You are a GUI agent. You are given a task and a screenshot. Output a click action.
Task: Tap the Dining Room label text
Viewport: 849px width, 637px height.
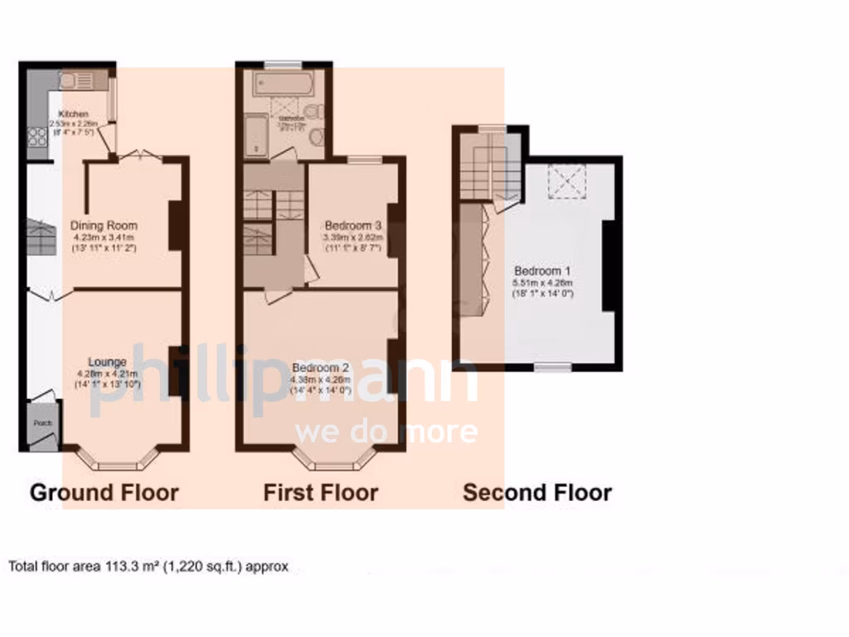coord(104,226)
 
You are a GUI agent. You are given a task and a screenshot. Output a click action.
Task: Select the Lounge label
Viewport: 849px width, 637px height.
coord(108,362)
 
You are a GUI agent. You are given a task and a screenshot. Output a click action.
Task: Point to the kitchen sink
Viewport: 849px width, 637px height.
coord(71,80)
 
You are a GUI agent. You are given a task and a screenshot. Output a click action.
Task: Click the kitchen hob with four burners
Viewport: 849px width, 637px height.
coord(38,138)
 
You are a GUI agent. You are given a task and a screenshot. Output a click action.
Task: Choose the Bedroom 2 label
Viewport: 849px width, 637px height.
coord(319,368)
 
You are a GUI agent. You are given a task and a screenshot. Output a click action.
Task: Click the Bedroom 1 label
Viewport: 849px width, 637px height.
coord(542,271)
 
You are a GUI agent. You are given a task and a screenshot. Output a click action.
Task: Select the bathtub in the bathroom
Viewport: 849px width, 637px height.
coord(284,85)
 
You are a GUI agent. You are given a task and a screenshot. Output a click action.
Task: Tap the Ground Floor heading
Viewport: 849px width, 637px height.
coord(104,493)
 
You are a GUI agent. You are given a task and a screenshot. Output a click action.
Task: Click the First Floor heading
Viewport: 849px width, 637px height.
coord(321,493)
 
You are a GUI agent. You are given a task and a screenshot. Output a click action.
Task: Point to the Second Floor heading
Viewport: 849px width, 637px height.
coord(537,493)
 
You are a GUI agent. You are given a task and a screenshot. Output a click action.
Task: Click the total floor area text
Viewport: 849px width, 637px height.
coord(149,567)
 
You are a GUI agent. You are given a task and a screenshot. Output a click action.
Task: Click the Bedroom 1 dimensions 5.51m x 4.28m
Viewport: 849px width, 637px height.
coord(543,283)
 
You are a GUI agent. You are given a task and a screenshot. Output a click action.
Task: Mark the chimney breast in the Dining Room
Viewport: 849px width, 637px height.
coord(177,225)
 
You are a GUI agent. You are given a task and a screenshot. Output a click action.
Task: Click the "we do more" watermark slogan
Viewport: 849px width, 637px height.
coord(386,432)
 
